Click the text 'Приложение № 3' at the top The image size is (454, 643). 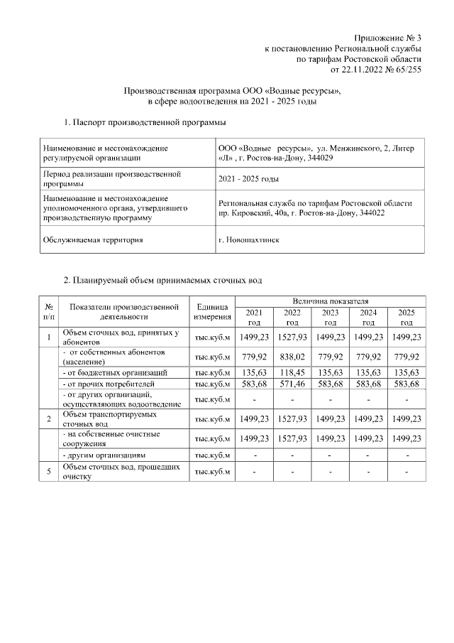(389, 37)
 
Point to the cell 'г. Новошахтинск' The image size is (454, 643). (249, 239)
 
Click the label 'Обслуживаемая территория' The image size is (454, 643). (93, 239)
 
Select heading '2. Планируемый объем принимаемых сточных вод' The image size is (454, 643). (163, 281)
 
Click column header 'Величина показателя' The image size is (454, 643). (330, 302)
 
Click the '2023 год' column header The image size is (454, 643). (330, 317)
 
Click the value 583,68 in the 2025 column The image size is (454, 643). (406, 384)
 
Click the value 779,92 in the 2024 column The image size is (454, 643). (368, 356)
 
